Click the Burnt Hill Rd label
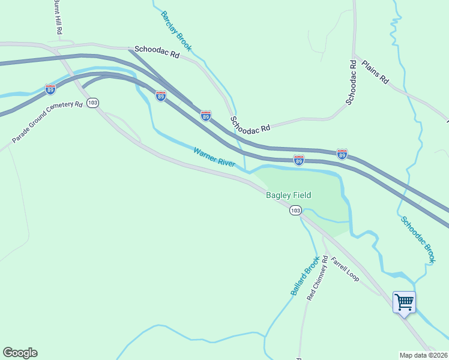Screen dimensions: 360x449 pos(58,17)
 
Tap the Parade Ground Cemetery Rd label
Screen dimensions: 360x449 pos(47,122)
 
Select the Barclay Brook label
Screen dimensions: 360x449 pos(175,29)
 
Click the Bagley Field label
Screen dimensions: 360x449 pos(289,195)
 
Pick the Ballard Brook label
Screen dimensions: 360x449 pos(305,276)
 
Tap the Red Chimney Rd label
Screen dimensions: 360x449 pos(318,278)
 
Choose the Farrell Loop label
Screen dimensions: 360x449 pos(345,269)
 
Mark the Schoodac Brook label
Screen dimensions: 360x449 pos(418,239)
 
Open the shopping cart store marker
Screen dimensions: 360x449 pos(404,301)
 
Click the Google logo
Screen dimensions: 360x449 pos(20,353)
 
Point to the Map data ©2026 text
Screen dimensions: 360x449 pos(423,355)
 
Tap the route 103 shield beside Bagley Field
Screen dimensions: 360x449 pos(295,210)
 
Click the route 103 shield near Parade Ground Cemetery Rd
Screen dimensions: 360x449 pos(92,103)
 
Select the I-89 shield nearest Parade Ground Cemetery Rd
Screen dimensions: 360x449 pos(50,89)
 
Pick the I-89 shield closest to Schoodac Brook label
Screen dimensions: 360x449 pos(342,154)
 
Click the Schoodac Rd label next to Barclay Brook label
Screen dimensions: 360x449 pos(157,53)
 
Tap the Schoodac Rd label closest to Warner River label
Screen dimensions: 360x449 pos(250,124)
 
